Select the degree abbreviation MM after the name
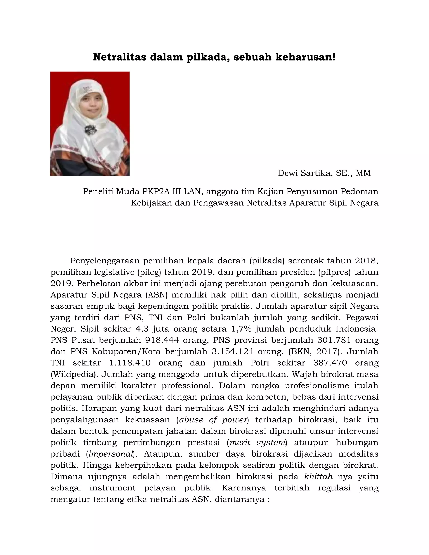click(363, 173)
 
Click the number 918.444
click(162, 340)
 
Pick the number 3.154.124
click(232, 351)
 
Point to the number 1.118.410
click(130, 363)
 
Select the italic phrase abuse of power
click(213, 419)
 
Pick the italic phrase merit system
click(257, 442)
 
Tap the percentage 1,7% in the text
click(241, 329)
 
